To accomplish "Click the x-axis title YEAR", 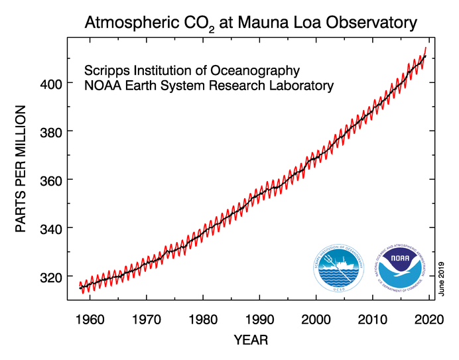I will point(251,340).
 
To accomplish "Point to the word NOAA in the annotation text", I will point(103,86).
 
